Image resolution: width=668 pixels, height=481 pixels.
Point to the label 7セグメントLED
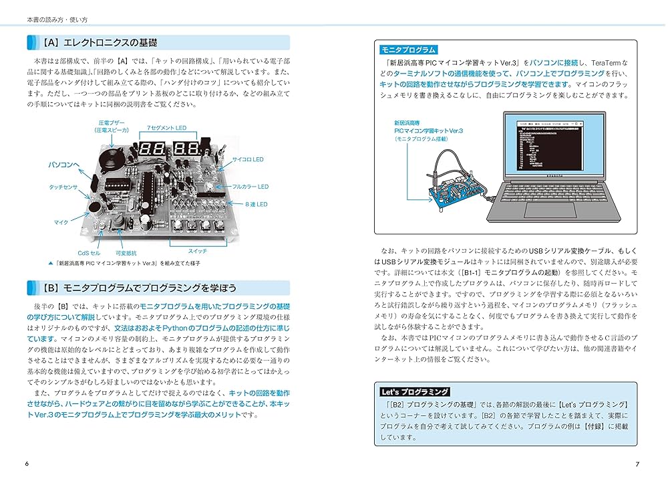[166, 128]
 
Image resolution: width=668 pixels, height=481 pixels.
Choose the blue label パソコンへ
[63, 164]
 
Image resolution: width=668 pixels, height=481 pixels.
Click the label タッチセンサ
[63, 188]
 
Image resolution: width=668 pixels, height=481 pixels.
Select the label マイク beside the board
[61, 221]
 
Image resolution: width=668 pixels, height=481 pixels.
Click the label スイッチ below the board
[197, 250]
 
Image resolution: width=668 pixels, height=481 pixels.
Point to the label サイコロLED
[248, 160]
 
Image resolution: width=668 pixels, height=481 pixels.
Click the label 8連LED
[256, 204]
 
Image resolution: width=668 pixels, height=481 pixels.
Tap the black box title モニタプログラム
[407, 50]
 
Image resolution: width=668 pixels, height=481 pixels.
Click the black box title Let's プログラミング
[411, 391]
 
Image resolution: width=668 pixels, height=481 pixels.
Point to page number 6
[26, 464]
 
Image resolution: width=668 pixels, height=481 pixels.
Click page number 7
[637, 464]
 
